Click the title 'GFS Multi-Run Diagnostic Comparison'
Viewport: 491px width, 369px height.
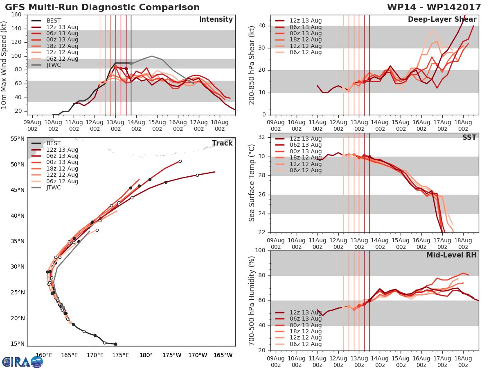coord(102,7)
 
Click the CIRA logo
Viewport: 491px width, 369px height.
coord(22,362)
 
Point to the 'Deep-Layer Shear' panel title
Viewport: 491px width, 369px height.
coord(442,20)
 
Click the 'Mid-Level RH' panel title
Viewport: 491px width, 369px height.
coord(451,255)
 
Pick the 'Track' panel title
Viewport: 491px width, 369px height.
coord(222,143)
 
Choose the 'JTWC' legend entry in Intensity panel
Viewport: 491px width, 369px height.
coord(54,65)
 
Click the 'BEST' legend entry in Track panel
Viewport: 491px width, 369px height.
coord(54,143)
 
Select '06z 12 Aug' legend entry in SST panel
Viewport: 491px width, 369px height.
coord(306,170)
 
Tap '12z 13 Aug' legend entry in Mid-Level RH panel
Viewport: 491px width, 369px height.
coord(306,312)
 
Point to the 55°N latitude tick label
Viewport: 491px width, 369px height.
coord(18,139)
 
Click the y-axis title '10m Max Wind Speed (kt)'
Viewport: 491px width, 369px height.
coord(5,65)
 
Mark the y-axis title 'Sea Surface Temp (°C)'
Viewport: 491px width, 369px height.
coord(252,183)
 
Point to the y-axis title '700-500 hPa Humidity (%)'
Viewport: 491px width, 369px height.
coord(252,300)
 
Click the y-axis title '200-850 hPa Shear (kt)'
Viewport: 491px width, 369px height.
coord(252,65)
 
